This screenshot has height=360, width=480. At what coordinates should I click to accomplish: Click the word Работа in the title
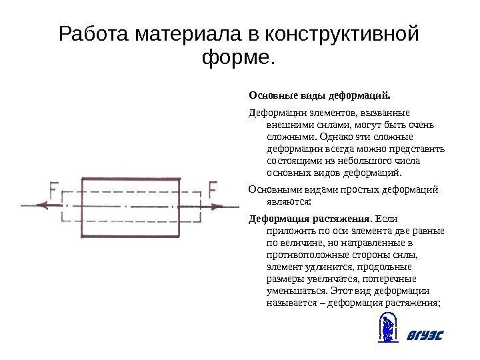tap(95, 33)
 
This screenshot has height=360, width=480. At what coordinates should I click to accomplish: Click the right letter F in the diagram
tap(213, 191)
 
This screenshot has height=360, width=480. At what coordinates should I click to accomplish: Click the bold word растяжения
tap(339, 219)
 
